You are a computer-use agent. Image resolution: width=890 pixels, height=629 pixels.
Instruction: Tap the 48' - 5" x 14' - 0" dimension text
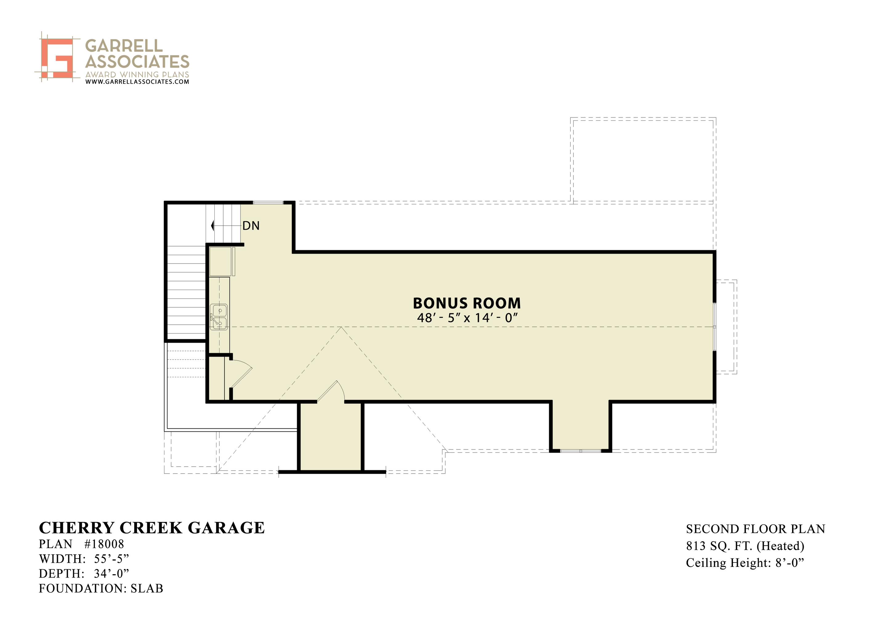click(467, 318)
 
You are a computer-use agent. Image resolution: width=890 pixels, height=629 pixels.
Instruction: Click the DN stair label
click(251, 226)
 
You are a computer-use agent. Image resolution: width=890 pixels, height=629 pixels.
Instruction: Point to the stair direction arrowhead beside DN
click(212, 226)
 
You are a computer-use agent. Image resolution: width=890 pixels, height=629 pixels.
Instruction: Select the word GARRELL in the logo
click(124, 46)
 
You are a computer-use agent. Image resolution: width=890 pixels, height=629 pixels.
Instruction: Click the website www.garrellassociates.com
click(137, 82)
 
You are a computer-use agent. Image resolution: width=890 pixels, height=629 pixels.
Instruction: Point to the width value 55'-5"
click(111, 559)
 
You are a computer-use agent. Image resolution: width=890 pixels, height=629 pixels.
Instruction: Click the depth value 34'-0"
click(111, 574)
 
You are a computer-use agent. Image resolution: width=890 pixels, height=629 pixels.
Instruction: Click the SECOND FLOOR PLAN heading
click(755, 529)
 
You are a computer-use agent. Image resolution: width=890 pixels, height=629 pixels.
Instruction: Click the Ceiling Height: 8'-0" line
click(745, 563)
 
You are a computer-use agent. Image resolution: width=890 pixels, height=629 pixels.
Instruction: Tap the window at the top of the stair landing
click(268, 202)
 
